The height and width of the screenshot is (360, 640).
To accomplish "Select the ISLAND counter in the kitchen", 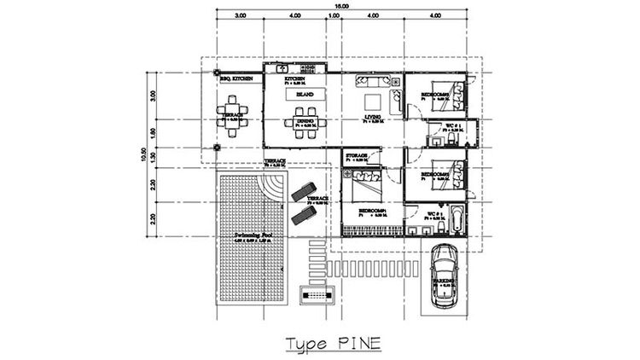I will [305, 95].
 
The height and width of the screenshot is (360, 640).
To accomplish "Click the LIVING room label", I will [372, 119].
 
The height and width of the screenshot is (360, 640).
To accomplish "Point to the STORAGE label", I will [357, 155].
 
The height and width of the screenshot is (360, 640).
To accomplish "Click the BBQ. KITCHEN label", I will [235, 78].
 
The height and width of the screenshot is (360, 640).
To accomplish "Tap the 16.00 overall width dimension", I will [341, 7].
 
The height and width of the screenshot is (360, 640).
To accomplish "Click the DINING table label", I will [305, 121].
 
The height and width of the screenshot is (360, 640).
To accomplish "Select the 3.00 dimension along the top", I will [241, 15].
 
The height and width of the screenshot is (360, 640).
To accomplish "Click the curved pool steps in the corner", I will [276, 185].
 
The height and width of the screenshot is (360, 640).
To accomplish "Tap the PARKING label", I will [441, 282].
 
